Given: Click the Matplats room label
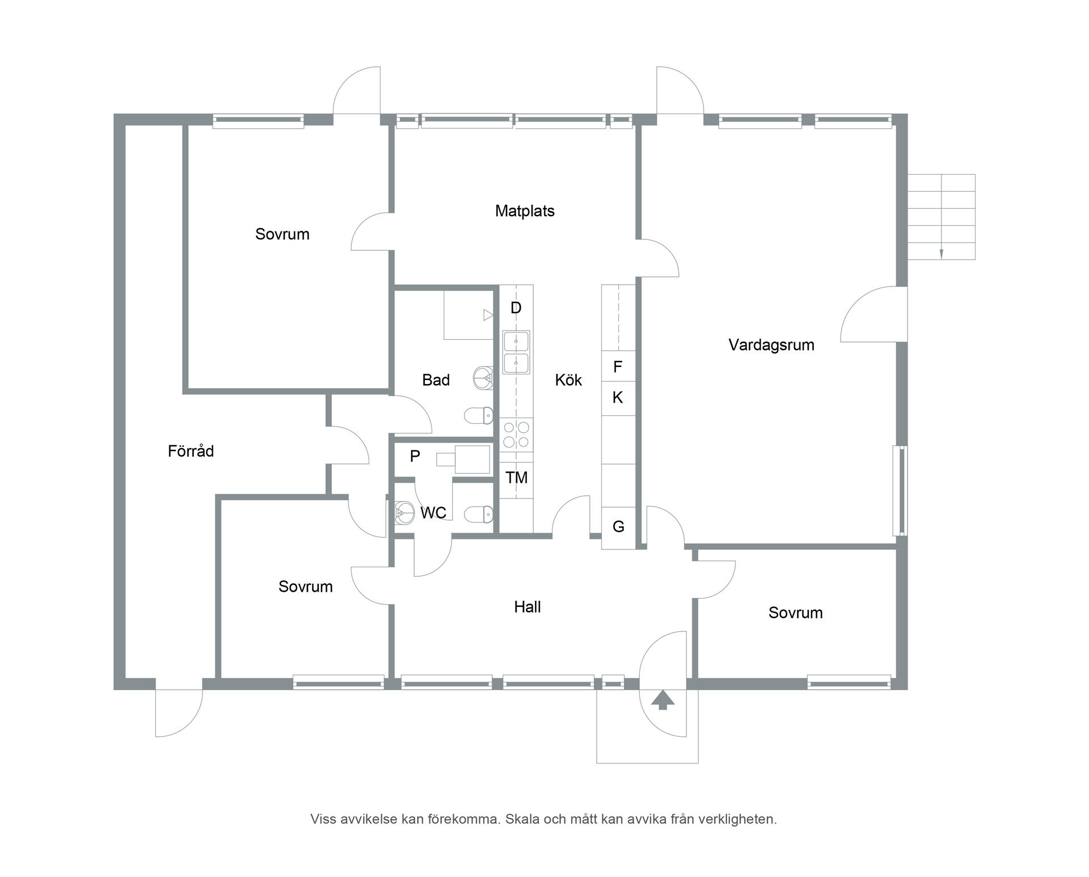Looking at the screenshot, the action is [x=525, y=212].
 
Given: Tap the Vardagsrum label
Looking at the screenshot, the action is [x=771, y=345].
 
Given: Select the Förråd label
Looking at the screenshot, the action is [x=191, y=451].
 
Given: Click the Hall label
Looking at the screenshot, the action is [x=527, y=607].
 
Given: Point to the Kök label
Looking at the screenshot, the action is [x=568, y=380].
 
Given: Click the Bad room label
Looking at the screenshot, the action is [x=436, y=380].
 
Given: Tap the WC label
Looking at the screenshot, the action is [x=433, y=513].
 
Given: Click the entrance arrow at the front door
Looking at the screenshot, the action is [x=662, y=700].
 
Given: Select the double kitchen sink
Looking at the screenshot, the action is [x=516, y=352].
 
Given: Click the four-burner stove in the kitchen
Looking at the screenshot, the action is [x=516, y=435].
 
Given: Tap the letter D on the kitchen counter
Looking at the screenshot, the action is [x=516, y=308].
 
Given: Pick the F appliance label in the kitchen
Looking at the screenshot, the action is [x=618, y=367].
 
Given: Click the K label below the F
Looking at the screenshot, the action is [x=618, y=398].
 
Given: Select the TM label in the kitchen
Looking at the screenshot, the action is [x=517, y=478].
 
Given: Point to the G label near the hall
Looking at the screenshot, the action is [x=618, y=527].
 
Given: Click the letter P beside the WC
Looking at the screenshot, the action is [x=415, y=456].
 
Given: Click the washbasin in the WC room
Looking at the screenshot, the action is [x=404, y=513].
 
